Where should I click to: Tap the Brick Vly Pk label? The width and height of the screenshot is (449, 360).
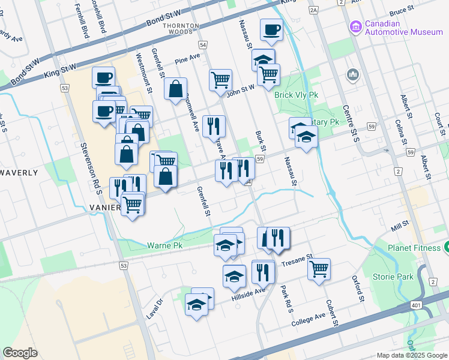295,95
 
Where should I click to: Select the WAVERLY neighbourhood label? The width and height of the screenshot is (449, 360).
19,173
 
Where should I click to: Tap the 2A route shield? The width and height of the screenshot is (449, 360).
313,10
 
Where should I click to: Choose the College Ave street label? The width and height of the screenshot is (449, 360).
308,319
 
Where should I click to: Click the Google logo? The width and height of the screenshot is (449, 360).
20,353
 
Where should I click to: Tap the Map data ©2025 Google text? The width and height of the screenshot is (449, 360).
411,355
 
